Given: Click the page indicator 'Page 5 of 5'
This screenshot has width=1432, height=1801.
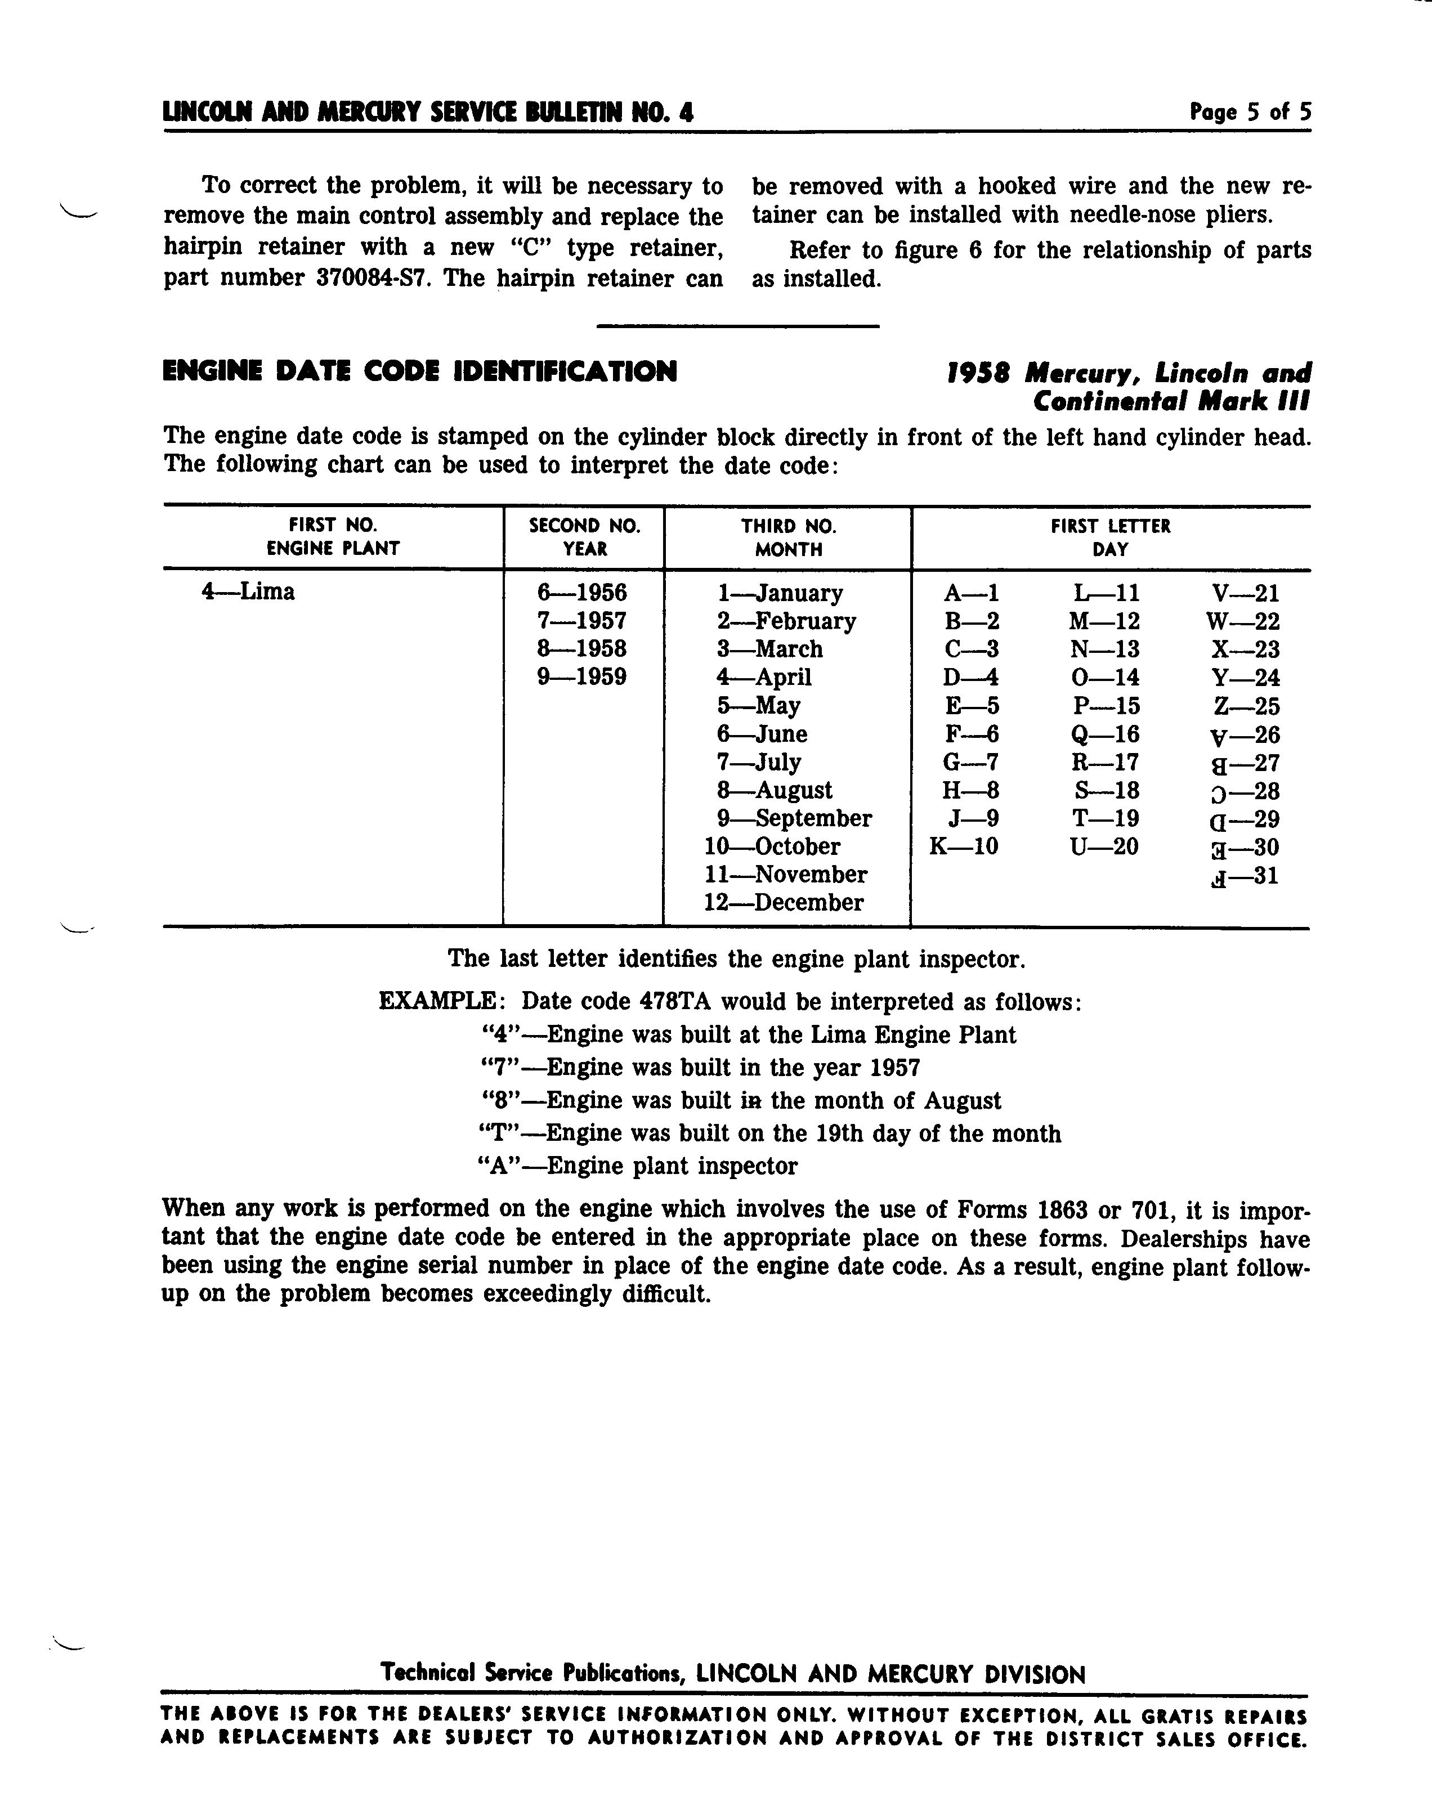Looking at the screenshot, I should [1250, 112].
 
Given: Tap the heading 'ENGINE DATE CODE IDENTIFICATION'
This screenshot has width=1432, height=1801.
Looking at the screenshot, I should [419, 371].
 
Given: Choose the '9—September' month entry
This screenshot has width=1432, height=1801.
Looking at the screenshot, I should [794, 819].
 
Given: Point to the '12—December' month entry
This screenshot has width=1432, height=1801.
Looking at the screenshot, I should [783, 903].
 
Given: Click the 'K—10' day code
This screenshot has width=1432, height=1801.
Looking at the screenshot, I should [963, 847].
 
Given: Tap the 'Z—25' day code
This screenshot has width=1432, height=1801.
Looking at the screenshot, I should [1246, 707].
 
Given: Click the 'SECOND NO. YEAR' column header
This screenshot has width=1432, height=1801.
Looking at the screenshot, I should [584, 537].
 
